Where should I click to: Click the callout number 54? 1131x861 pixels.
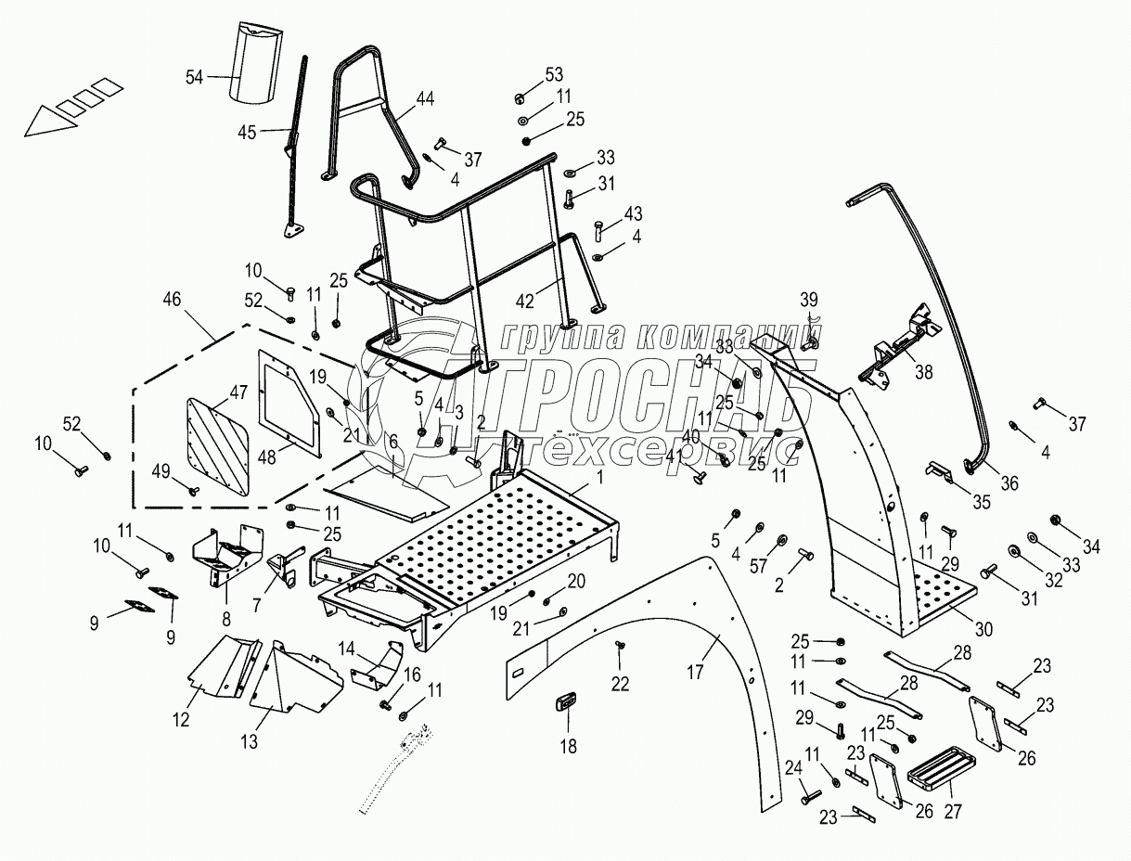pos(194,78)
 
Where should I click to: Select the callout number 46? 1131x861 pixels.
pos(172,299)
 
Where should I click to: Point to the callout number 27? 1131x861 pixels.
pos(952,811)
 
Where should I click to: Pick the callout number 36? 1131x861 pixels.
pos(1009,482)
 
